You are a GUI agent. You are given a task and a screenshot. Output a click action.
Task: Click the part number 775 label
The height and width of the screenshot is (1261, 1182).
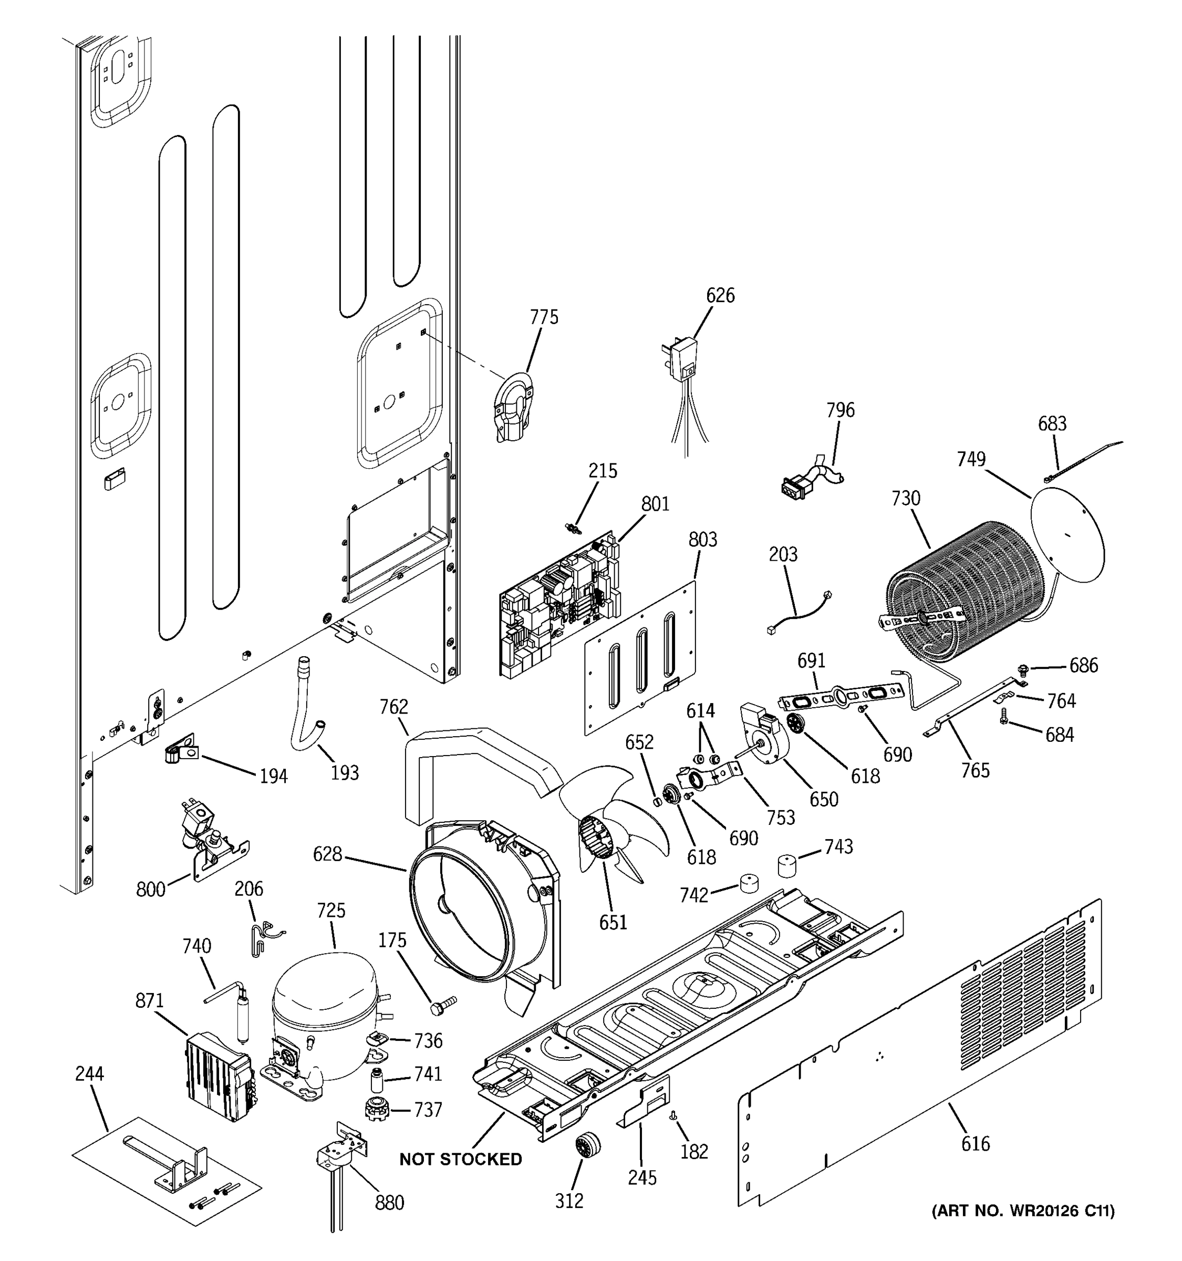[544, 317]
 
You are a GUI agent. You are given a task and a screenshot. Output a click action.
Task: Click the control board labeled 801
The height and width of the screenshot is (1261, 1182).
[561, 603]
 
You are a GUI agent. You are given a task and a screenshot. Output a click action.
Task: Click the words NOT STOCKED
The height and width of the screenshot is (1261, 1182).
[460, 1160]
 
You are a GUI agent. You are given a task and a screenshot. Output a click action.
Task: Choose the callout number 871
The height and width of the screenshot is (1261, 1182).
[150, 1001]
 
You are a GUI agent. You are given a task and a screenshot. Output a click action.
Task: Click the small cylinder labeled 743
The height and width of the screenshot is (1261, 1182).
[786, 865]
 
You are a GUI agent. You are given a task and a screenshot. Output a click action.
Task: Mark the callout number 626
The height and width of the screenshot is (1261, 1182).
[720, 296]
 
